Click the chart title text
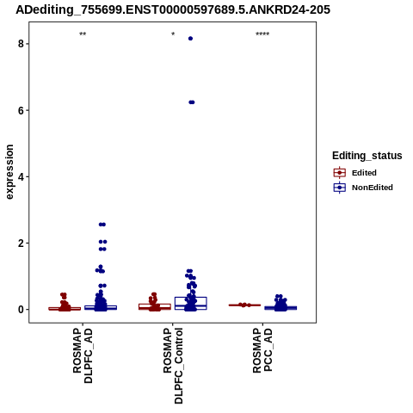[x=173, y=10]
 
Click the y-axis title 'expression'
[x=9, y=172]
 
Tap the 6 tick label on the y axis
[x=21, y=110]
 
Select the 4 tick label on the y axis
[x=21, y=176]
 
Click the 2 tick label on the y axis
[x=21, y=243]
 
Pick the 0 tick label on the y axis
[x=21, y=310]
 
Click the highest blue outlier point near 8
[x=190, y=39]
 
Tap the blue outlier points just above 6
[x=192, y=102]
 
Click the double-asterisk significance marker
[x=83, y=34]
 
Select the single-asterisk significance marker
[x=173, y=34]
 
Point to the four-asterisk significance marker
[x=262, y=34]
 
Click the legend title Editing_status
[x=367, y=156]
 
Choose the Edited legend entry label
[x=364, y=173]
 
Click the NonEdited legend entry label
[x=373, y=188]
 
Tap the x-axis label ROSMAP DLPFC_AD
[x=83, y=356]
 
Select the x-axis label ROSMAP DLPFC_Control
[x=173, y=366]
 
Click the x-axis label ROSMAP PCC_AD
[x=262, y=350]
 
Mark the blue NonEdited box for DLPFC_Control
[x=191, y=298]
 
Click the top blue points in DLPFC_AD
[x=102, y=225]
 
